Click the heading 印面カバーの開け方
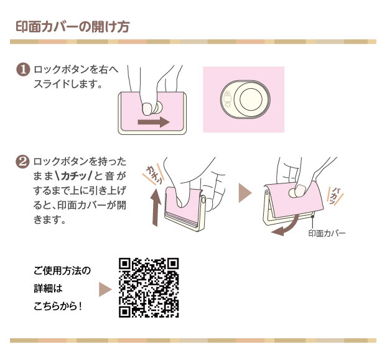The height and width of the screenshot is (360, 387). [73, 27]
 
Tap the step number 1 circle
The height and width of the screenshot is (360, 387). [23, 70]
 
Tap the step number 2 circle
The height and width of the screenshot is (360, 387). [22, 162]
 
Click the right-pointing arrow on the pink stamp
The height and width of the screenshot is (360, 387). [154, 122]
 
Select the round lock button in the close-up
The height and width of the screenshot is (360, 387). [251, 99]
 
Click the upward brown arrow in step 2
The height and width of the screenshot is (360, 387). [156, 208]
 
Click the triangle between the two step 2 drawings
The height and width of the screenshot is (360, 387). [245, 193]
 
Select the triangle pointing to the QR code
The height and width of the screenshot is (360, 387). [105, 289]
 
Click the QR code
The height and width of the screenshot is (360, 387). [149, 287]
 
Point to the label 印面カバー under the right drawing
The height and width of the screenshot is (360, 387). [327, 233]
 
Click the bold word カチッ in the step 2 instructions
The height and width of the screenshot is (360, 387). [73, 176]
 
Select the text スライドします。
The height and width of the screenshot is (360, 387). [68, 85]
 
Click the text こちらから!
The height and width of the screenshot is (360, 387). [58, 307]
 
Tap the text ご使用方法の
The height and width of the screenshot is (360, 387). [62, 270]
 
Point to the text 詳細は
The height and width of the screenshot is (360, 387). [48, 288]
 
